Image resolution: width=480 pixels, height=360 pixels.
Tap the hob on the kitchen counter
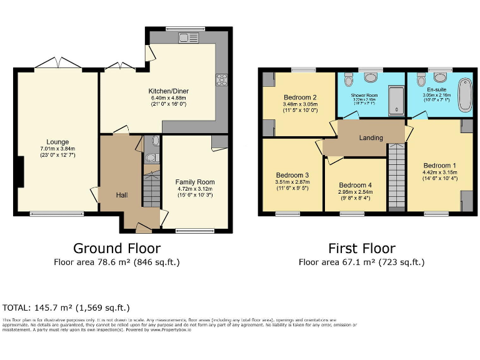click(221, 79)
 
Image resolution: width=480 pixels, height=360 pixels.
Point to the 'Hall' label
click(122, 196)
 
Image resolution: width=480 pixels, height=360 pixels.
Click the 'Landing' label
click(371, 137)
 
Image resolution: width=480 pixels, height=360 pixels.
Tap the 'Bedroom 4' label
click(355, 186)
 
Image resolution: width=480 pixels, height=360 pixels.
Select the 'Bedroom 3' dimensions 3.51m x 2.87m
click(292, 182)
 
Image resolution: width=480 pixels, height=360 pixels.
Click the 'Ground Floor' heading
click(117, 249)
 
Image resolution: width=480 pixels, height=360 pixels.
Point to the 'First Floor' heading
click(361, 249)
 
